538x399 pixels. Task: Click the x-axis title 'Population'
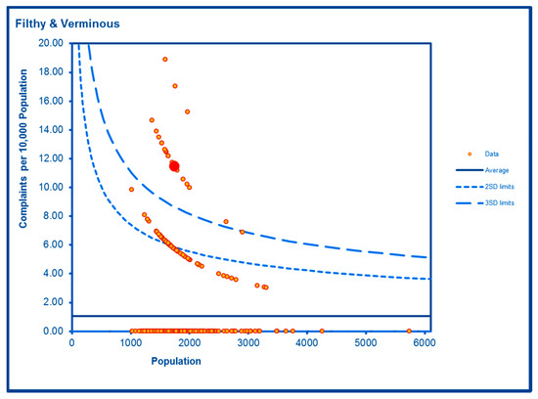[176, 361]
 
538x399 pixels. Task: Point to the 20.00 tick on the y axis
[52, 43]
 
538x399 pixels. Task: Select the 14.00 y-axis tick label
[52, 129]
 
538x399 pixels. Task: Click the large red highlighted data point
[174, 166]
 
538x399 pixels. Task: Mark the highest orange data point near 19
[165, 60]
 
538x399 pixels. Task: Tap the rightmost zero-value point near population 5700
[409, 332]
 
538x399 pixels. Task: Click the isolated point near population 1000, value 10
[131, 190]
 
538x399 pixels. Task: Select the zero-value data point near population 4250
[322, 332]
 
